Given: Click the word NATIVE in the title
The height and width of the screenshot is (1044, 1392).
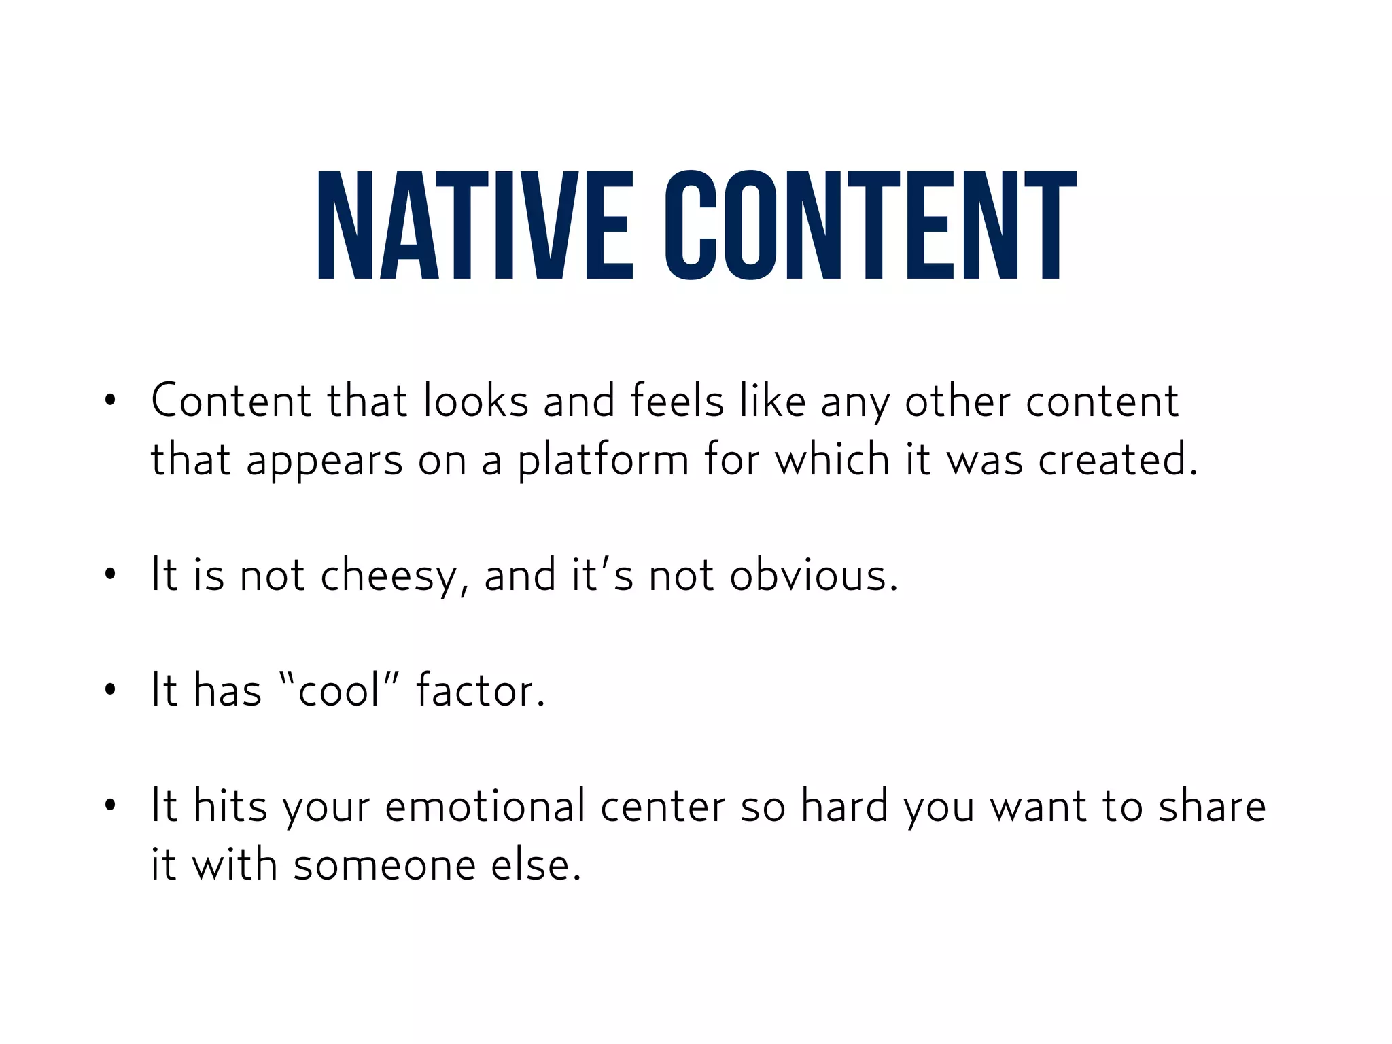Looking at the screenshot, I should click(474, 225).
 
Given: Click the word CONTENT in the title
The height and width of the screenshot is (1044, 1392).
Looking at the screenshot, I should click(870, 225).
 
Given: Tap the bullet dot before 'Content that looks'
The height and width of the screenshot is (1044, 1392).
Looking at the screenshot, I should click(110, 401).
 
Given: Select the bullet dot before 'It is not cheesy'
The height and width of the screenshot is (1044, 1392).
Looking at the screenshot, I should click(110, 576).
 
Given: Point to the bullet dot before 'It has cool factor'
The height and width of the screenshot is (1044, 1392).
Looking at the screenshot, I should click(110, 691).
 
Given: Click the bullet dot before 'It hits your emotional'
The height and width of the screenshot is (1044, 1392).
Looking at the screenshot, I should click(110, 806).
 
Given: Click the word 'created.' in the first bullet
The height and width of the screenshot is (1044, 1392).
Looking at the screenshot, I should click(1117, 459).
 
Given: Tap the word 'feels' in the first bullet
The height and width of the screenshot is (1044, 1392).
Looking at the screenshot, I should click(676, 400).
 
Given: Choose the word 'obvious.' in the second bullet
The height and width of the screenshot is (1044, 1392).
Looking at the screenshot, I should click(814, 576).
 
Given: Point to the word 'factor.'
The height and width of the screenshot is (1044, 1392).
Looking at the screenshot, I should click(481, 691).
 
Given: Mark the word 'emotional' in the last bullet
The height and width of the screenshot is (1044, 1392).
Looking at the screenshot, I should click(485, 806).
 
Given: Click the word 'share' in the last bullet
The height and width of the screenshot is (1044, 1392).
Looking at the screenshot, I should click(1212, 806).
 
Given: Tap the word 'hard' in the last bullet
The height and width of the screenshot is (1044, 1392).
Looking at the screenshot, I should click(844, 806).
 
